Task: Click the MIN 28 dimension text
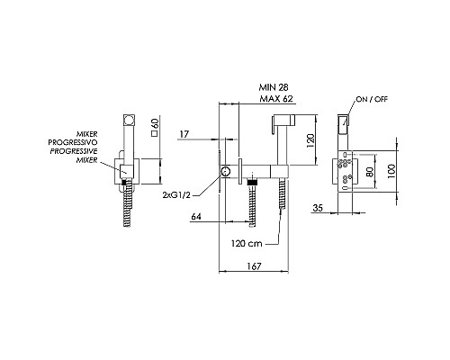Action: (x=274, y=87)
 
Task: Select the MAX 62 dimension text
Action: (x=276, y=99)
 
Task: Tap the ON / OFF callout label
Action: (x=372, y=99)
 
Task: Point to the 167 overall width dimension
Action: (x=254, y=266)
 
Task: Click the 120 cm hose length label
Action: (x=247, y=243)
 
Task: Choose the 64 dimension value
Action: (x=196, y=216)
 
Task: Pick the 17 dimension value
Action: (x=184, y=134)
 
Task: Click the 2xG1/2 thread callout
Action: (x=176, y=195)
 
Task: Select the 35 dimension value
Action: (x=318, y=208)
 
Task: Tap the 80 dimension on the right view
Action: (x=370, y=171)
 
